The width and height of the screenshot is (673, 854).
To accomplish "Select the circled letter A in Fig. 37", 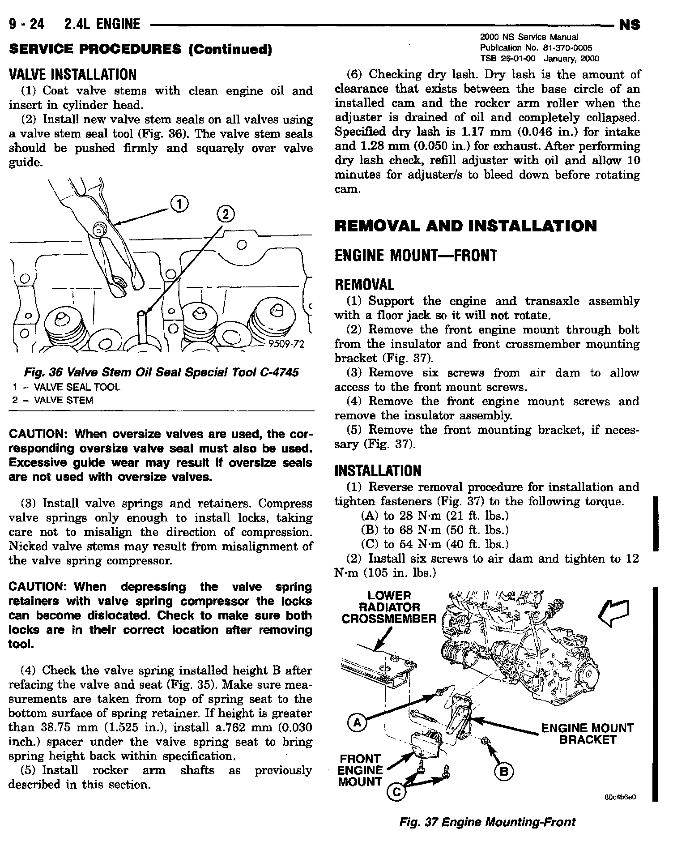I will (x=356, y=722).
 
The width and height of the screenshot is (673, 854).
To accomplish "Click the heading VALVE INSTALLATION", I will (x=72, y=74).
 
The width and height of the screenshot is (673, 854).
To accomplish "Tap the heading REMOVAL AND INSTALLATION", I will (x=465, y=226).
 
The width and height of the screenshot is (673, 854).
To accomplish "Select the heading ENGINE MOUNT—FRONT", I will (x=416, y=256).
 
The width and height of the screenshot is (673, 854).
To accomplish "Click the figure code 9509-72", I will (x=286, y=344).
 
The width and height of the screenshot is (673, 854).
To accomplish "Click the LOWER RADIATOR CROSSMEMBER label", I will (x=388, y=607).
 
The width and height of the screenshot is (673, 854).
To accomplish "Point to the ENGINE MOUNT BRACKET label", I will (x=587, y=734).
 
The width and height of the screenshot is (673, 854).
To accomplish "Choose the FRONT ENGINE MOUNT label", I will (x=360, y=770).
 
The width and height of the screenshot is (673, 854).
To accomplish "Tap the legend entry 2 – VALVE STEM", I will (x=53, y=401).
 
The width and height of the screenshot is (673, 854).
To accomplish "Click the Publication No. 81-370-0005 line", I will (x=536, y=48).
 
